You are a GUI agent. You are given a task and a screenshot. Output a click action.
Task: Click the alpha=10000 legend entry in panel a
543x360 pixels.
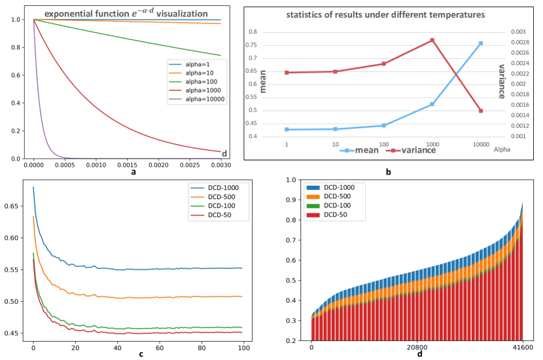click(197, 99)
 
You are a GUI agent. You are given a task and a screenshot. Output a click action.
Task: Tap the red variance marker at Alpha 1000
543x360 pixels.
click(432, 40)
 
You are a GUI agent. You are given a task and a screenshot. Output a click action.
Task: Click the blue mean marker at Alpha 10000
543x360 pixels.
click(481, 43)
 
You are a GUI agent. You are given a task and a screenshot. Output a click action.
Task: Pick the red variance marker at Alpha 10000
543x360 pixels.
click(481, 111)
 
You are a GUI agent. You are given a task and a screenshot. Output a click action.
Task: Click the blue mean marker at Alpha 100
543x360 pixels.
click(384, 125)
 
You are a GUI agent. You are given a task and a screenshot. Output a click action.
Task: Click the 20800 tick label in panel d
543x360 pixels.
click(417, 348)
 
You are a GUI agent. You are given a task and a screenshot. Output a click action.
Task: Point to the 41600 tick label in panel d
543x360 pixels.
click(522, 348)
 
